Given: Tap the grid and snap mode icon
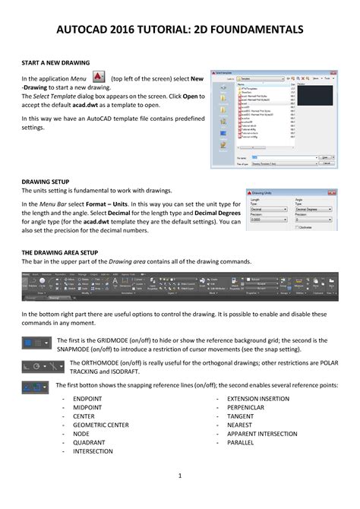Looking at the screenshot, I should coord(36,343).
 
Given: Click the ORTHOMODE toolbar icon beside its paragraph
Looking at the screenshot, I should coord(36,365).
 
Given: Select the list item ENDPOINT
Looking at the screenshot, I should coord(89,398).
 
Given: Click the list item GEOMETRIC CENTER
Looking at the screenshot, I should coord(100,425).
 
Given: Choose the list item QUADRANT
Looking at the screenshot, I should coord(90,442).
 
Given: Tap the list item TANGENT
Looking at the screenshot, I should coord(241,416).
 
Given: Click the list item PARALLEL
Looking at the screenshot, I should coord(241,442).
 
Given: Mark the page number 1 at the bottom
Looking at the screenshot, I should coord(180,476).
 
